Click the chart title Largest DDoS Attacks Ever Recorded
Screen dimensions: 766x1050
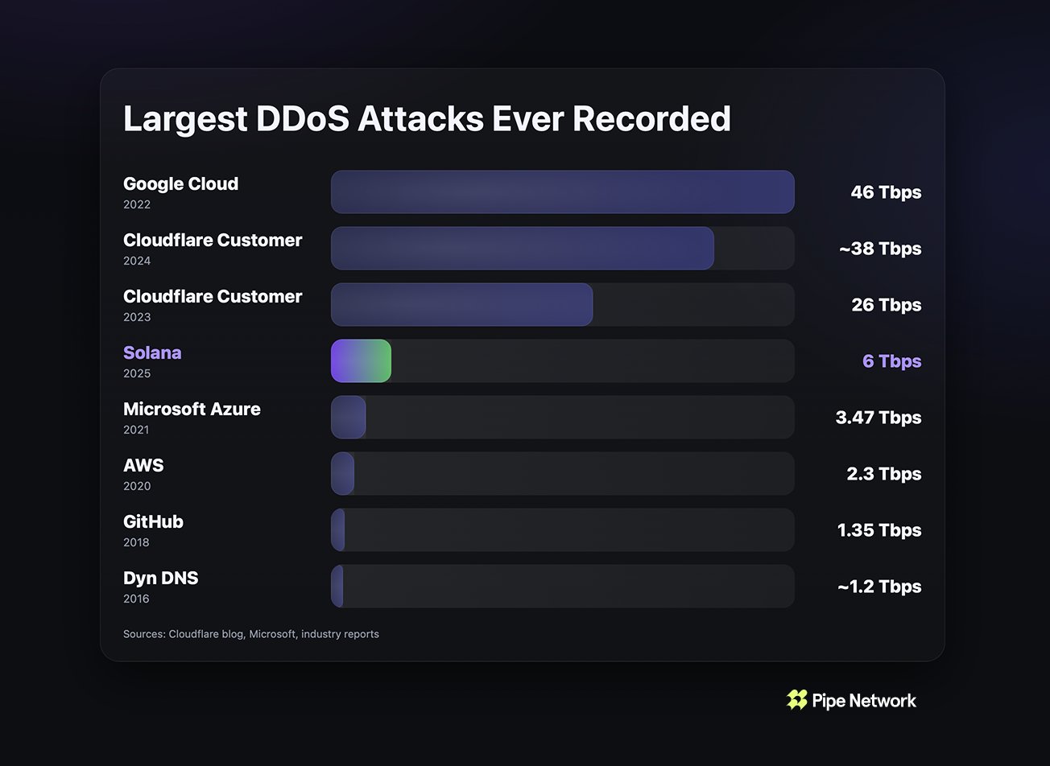(427, 119)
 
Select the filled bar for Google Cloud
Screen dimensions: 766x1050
(562, 192)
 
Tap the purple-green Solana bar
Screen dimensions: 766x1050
(361, 361)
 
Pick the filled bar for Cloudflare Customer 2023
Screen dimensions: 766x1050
(461, 305)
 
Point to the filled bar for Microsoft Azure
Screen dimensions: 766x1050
(348, 418)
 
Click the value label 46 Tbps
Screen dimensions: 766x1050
(886, 192)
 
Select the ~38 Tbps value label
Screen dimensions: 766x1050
(879, 249)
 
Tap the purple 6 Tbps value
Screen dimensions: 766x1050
(891, 361)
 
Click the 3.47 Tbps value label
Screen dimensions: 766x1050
(878, 418)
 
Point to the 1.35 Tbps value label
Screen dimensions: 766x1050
(879, 530)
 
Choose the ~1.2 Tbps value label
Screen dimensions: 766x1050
(878, 587)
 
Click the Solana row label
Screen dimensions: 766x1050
(152, 352)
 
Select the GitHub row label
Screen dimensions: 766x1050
(153, 521)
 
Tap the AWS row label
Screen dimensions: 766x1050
(143, 465)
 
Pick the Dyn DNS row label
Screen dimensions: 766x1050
(160, 578)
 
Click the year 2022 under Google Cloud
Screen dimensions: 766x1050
(137, 204)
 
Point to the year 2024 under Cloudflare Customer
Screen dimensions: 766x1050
(137, 261)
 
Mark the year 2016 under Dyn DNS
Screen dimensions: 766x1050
(136, 599)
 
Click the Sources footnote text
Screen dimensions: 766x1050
(251, 634)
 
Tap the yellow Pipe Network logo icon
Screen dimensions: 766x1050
(796, 700)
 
